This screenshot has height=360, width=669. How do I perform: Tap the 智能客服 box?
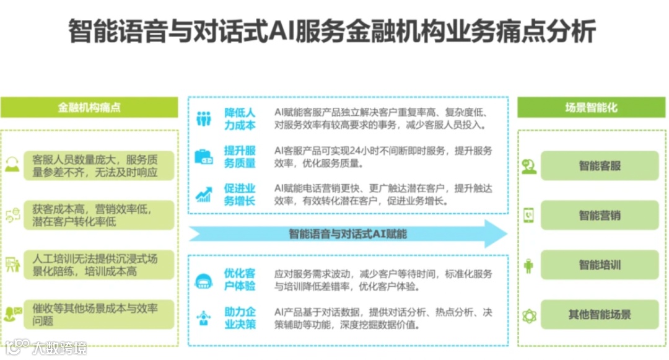(x=599, y=165)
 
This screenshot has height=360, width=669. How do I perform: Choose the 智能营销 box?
(x=599, y=216)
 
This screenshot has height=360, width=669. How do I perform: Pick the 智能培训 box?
(x=599, y=265)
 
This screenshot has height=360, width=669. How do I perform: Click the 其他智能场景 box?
(x=599, y=315)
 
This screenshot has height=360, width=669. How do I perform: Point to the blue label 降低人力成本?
(x=240, y=119)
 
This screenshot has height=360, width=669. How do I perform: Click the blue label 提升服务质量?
(x=240, y=157)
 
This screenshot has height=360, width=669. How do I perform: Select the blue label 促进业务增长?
(x=240, y=195)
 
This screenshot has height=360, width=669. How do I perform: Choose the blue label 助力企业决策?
(x=240, y=318)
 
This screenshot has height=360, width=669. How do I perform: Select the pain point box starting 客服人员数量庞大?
(x=99, y=166)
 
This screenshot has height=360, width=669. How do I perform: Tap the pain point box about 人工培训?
(x=99, y=265)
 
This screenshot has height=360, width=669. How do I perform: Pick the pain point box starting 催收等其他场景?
(x=99, y=315)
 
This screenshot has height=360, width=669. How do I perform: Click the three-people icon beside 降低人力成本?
(x=204, y=119)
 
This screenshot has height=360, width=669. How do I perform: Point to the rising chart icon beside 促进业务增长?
(x=204, y=195)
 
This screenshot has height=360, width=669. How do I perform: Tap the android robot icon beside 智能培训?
(x=528, y=266)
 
